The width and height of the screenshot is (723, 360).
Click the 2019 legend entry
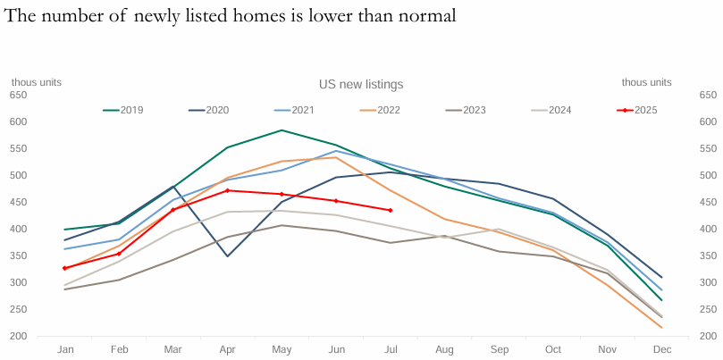[x=123, y=110]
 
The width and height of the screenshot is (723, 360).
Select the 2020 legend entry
[x=209, y=110]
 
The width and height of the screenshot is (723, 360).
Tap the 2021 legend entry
[x=295, y=110]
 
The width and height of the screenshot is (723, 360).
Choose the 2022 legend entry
[x=381, y=110]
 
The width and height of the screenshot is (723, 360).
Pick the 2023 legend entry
[x=467, y=110]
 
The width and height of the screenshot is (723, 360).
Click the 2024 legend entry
[x=551, y=110]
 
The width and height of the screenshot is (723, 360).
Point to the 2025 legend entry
[x=637, y=110]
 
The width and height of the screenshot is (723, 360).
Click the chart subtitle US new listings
[x=361, y=84]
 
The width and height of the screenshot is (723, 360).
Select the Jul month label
[x=390, y=349]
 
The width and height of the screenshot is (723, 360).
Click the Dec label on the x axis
[x=661, y=349]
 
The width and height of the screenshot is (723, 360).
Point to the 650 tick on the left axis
[x=19, y=95]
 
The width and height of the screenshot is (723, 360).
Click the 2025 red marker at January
[x=64, y=268]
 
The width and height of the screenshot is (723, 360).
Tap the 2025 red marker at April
[x=227, y=190]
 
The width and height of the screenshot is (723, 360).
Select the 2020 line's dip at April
[x=227, y=256]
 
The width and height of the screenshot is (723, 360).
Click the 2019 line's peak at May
[x=282, y=130]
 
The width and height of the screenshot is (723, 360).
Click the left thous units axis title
[x=36, y=82]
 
